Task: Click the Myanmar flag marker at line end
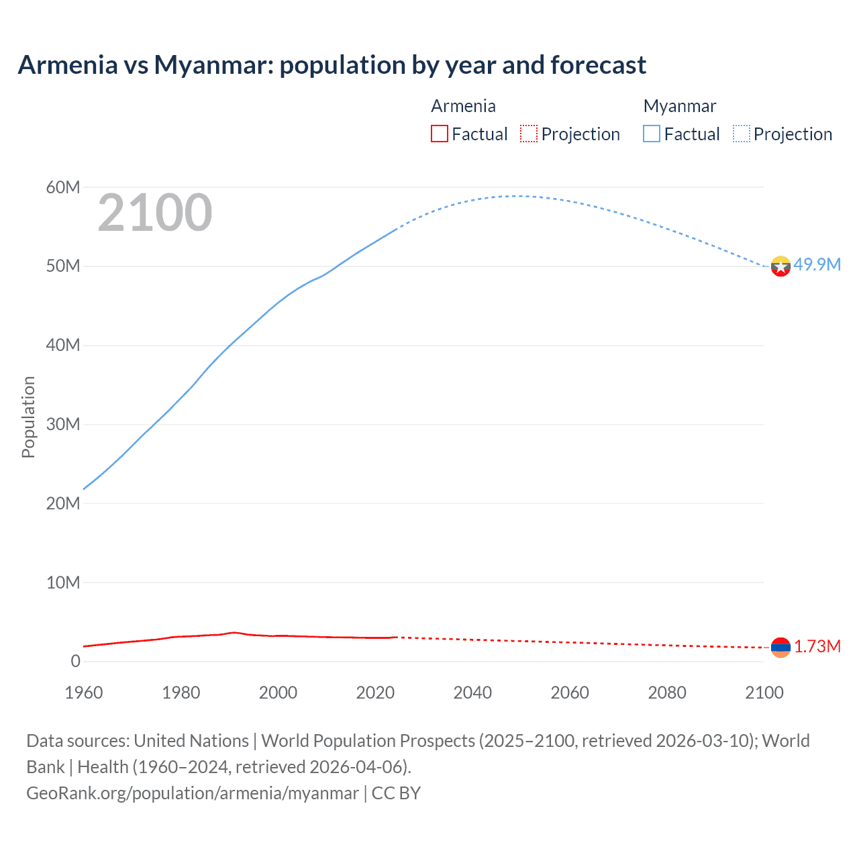(780, 266)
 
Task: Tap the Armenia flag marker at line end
(780, 648)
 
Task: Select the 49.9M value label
(817, 264)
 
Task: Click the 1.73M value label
(817, 646)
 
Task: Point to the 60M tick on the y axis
(63, 187)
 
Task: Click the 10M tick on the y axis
(63, 583)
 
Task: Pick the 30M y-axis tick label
(63, 424)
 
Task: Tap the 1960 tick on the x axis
(84, 693)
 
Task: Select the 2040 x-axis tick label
(472, 693)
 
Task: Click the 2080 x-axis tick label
(667, 693)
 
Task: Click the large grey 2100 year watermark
(155, 213)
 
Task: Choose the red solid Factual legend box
(439, 134)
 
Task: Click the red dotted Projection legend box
(529, 134)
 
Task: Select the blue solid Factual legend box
(652, 134)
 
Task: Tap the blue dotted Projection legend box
(742, 134)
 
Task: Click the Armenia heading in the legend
(463, 106)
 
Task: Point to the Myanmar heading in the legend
(680, 106)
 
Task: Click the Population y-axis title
(28, 417)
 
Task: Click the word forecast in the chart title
(598, 65)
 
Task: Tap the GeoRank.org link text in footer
(193, 793)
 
